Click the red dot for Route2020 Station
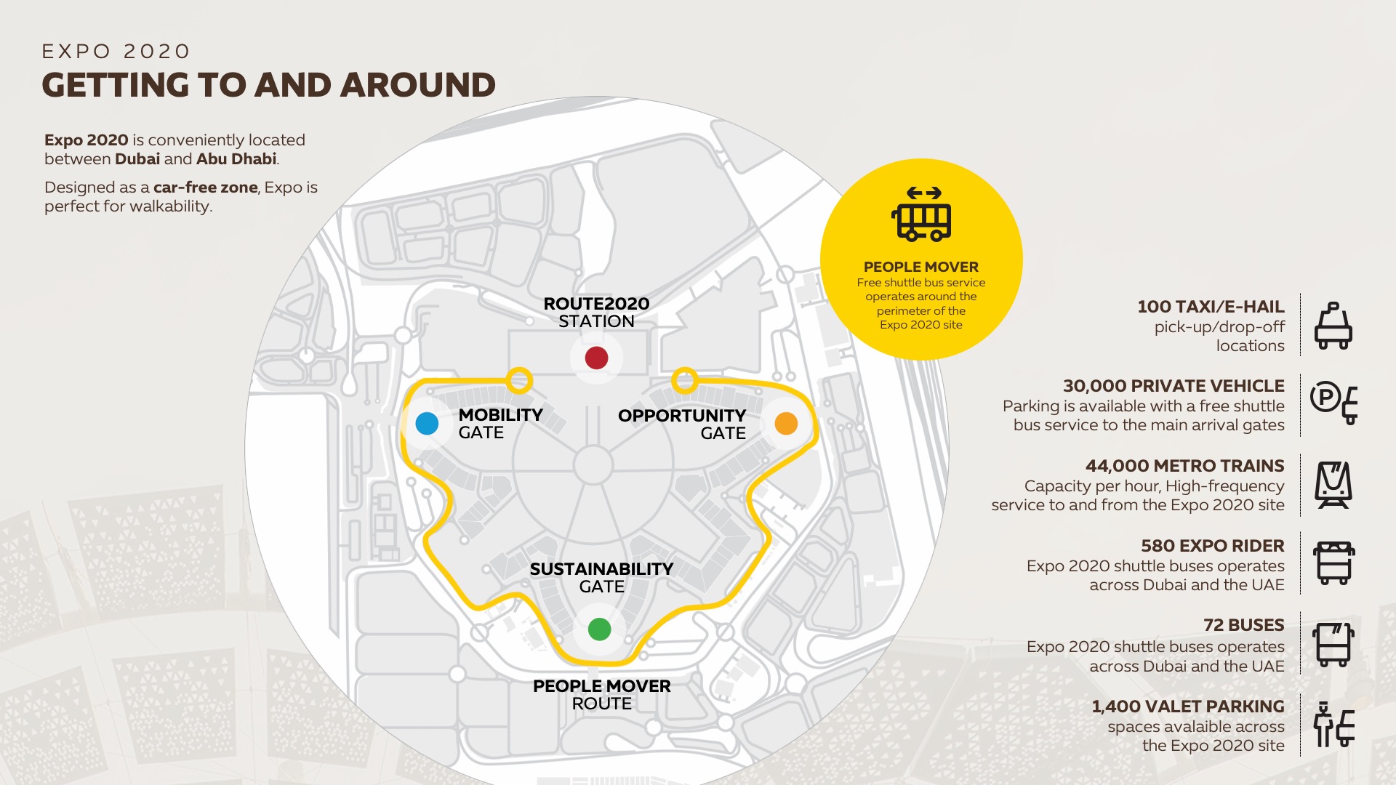pyautogui.click(x=596, y=358)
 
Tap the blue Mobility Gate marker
pyautogui.click(x=427, y=423)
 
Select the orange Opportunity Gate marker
pyautogui.click(x=786, y=423)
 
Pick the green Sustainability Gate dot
pyautogui.click(x=599, y=629)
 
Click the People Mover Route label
pyautogui.click(x=601, y=694)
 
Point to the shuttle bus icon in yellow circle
pyautogui.click(x=921, y=214)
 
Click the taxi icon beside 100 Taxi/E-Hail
pyautogui.click(x=1333, y=326)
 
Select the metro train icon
pyautogui.click(x=1333, y=485)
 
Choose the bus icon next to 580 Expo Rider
pyautogui.click(x=1333, y=563)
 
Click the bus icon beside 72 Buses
pyautogui.click(x=1333, y=645)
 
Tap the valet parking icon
pyautogui.click(x=1333, y=725)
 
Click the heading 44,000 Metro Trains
pyautogui.click(x=1184, y=466)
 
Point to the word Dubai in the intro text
pyautogui.click(x=137, y=159)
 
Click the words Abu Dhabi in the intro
pyautogui.click(x=236, y=159)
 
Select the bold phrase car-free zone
pyautogui.click(x=205, y=188)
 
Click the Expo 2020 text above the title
pyautogui.click(x=116, y=52)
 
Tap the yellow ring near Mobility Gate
pyautogui.click(x=519, y=380)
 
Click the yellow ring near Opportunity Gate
pyautogui.click(x=684, y=379)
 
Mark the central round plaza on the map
pyautogui.click(x=593, y=465)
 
